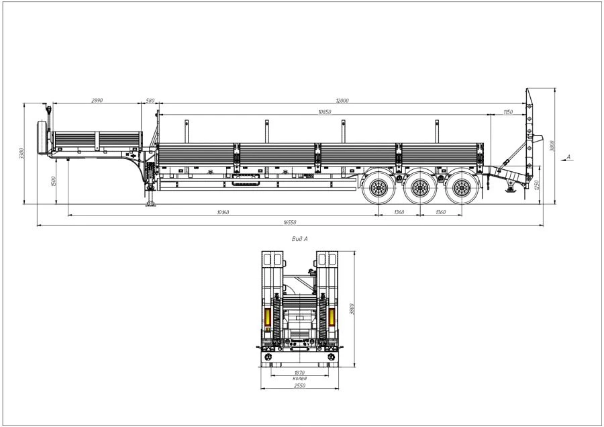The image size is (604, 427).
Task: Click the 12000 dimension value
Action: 344,101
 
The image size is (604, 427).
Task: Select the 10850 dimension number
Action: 324,111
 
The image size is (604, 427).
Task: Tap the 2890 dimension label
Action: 97,101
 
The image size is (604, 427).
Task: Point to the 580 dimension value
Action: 150,101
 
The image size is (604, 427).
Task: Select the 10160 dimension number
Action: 223,212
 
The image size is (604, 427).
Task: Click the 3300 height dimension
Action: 21,154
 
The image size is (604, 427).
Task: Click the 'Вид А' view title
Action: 300,238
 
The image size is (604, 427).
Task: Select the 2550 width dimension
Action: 299,386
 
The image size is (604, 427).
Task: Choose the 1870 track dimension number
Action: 299,373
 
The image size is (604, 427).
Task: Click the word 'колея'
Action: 299,379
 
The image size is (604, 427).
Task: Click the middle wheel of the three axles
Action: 420,187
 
